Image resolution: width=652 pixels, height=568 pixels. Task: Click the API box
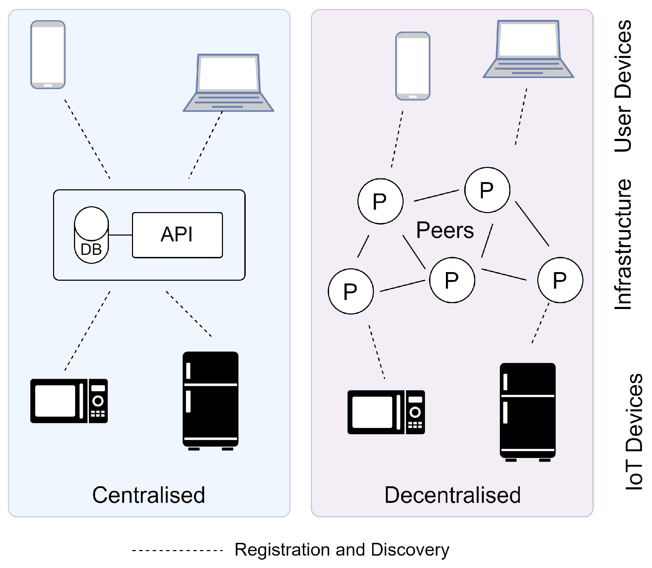click(x=177, y=235)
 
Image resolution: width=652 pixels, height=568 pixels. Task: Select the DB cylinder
click(x=91, y=235)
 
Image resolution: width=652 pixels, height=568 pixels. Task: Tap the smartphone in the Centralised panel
click(x=48, y=54)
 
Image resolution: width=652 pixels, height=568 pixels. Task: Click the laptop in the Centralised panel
click(x=228, y=83)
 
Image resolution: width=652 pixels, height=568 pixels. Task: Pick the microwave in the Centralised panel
click(x=69, y=401)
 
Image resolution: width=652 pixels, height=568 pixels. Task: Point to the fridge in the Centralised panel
click(x=211, y=401)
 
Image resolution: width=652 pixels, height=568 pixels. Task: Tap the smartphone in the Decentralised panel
click(x=413, y=66)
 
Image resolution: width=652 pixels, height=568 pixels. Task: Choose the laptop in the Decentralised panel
click(x=528, y=49)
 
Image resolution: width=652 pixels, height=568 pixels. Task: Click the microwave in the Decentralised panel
click(x=386, y=412)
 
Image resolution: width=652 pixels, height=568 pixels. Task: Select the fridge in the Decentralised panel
click(x=528, y=412)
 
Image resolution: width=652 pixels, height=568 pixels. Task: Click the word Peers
click(x=445, y=230)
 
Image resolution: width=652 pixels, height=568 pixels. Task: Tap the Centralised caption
click(x=149, y=495)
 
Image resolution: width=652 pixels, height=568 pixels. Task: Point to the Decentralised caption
click(x=452, y=495)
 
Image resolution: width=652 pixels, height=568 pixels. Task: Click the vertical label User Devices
click(x=623, y=86)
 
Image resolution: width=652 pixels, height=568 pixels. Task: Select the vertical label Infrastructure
click(x=623, y=244)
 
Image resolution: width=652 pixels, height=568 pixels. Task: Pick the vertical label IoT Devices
click(x=633, y=431)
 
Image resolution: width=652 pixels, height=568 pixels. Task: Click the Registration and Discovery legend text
click(x=342, y=549)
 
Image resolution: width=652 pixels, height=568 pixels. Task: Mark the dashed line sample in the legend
click(x=177, y=550)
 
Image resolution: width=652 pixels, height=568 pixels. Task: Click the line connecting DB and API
click(x=121, y=235)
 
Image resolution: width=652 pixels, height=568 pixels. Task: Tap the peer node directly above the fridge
click(x=560, y=280)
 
